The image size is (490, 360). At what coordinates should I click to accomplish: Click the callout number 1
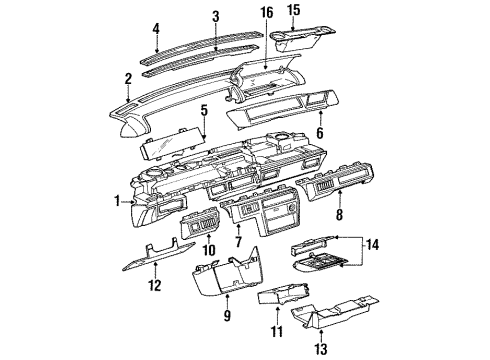tap(117, 201)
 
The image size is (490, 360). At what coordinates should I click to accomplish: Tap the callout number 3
tap(215, 18)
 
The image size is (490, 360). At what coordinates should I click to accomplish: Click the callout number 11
tap(277, 329)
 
